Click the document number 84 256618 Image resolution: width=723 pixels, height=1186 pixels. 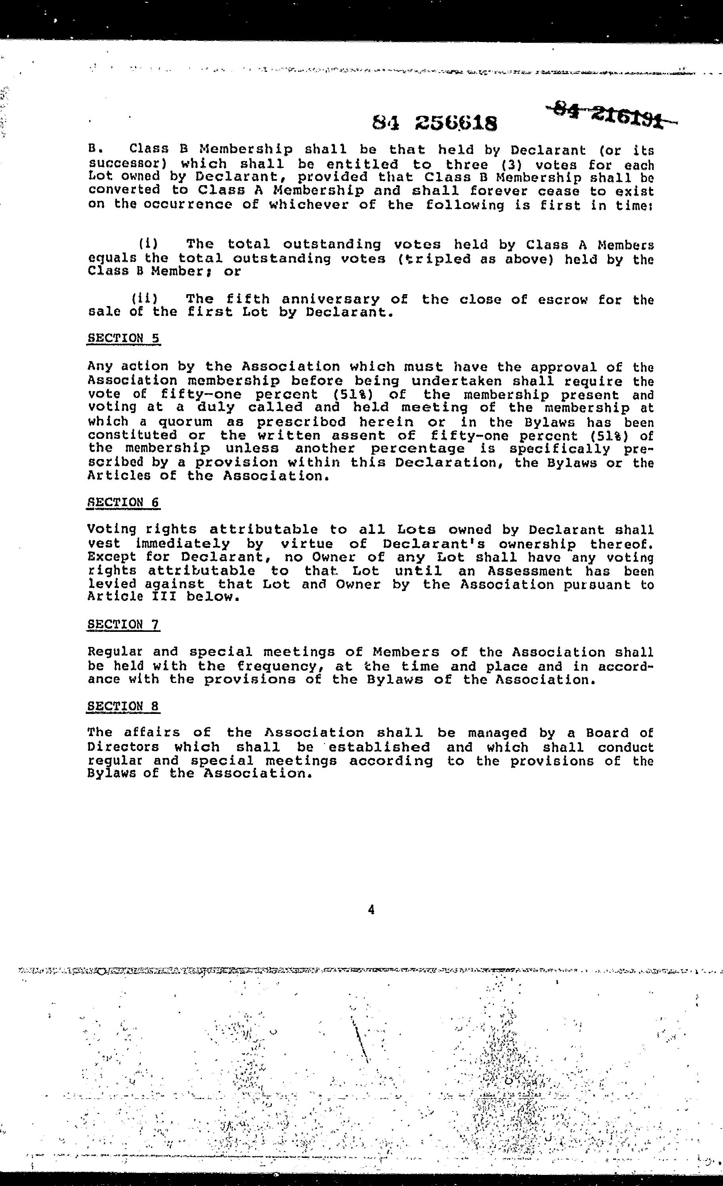pos(435,124)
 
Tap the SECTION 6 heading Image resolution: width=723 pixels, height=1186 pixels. pos(123,503)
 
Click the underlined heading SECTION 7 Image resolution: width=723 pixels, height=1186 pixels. pos(123,625)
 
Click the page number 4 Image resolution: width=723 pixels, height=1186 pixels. pos(371,909)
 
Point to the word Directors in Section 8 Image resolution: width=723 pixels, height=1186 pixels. pos(123,747)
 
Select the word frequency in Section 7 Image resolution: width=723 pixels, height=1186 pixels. pos(279,667)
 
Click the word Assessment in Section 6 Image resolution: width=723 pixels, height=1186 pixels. pos(530,571)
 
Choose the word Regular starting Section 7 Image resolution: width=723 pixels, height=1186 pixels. pos(115,652)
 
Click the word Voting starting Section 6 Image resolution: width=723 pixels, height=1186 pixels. pos(111,530)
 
